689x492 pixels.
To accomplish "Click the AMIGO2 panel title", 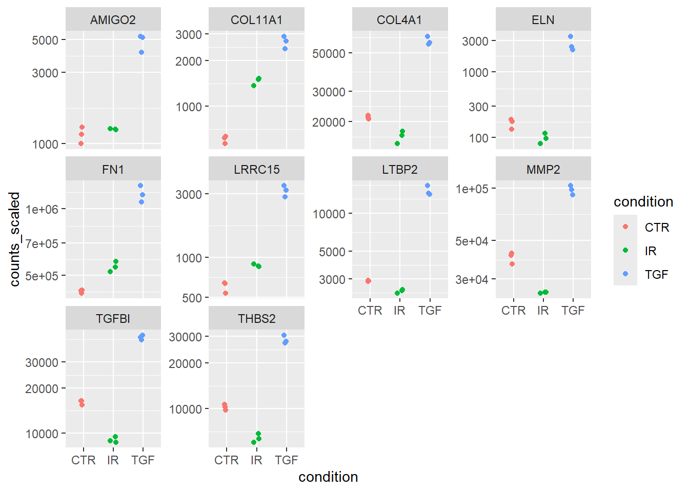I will coord(113,20).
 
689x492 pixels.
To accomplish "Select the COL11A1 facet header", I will coord(256,20).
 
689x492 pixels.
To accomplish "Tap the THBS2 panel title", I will coord(256,319).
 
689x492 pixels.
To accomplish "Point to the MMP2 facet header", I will coord(543,170).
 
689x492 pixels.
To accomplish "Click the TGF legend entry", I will coord(656,275).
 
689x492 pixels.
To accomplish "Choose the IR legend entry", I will coord(651,251).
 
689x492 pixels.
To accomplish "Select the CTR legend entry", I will coord(657,228).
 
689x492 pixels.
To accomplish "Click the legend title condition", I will coord(643,202).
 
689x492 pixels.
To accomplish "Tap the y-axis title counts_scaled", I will coord(15,239).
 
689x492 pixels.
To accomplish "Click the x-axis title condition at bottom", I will coord(328,477).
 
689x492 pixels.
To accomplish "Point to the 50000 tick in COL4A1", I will coord(329,53).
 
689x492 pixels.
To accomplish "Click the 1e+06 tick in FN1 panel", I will coord(42,209).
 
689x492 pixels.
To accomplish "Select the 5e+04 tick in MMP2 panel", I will coord(472,241).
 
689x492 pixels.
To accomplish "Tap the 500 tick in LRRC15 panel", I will coord(192,298).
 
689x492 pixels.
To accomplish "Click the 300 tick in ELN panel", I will coord(478,107).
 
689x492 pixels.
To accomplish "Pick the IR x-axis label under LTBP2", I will coord(399,311).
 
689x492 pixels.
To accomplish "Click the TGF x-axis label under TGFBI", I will coord(143,460).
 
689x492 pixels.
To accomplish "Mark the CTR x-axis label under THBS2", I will coord(227,460).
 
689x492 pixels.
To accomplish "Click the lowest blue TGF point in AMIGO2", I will coord(141,52).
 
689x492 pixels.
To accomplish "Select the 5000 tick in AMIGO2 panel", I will coord(45,40).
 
